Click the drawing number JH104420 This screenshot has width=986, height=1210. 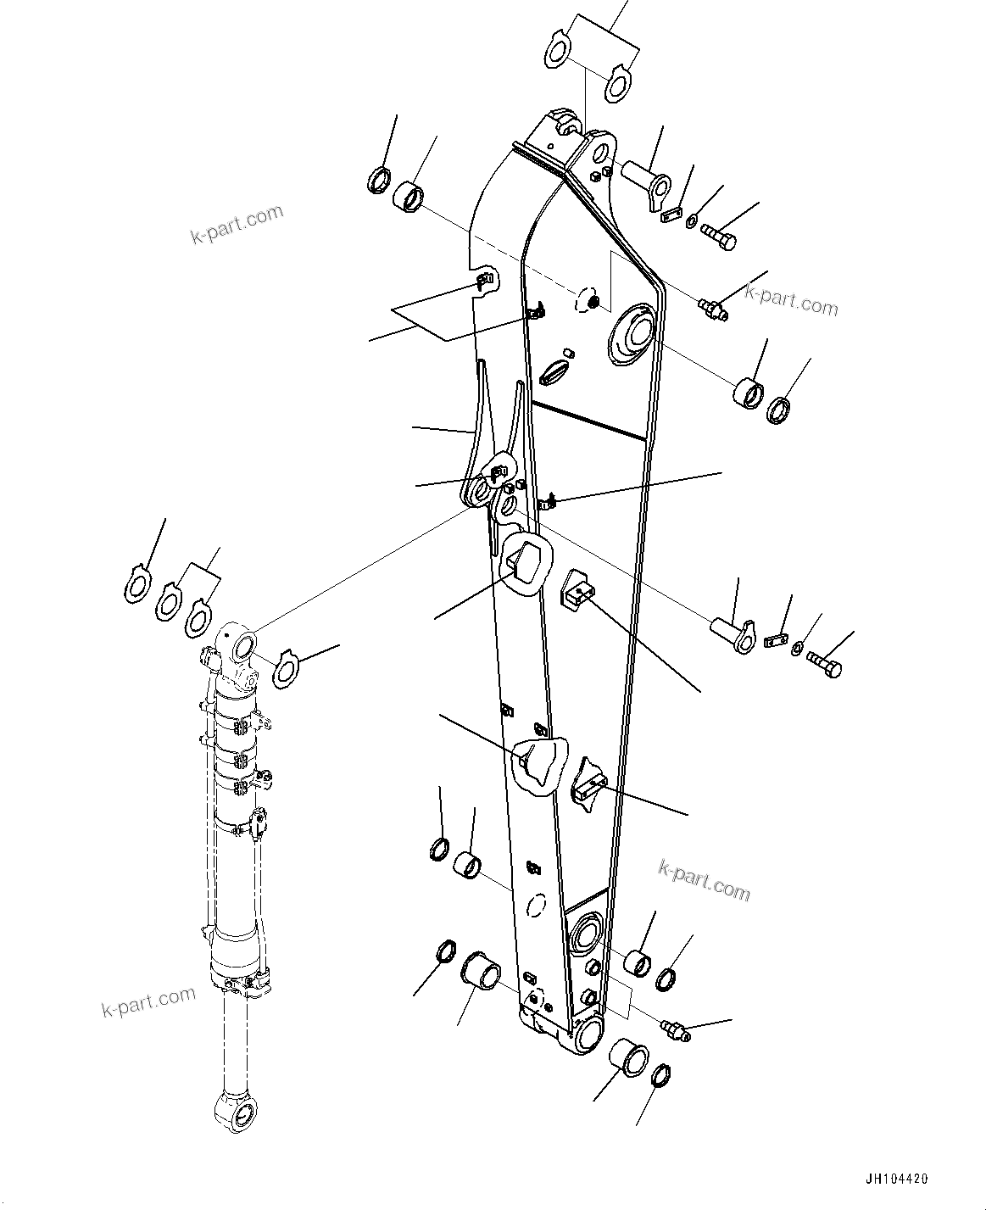(896, 1179)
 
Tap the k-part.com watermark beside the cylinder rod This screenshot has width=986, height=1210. (148, 1002)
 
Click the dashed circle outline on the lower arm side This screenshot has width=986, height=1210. (534, 905)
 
